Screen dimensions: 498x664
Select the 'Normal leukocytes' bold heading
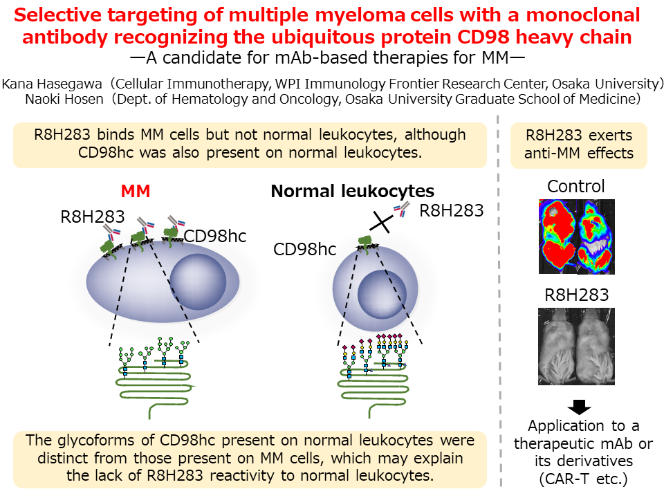click(x=352, y=191)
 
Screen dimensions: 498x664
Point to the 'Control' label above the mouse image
click(x=576, y=187)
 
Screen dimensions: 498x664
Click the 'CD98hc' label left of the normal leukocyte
click(x=304, y=249)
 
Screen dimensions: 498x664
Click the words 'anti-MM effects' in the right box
click(x=579, y=153)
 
